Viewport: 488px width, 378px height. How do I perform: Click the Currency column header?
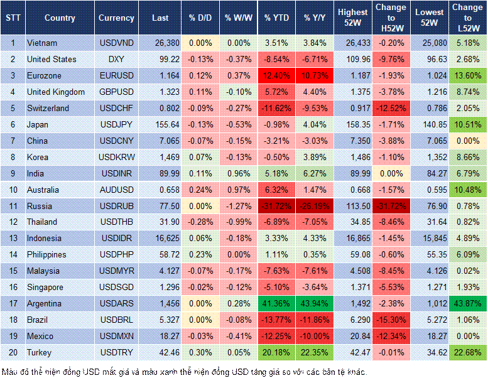point(116,18)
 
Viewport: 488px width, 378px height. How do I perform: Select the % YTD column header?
point(276,18)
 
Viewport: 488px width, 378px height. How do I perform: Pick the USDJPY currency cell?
point(116,124)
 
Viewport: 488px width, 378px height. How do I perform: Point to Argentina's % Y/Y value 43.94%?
point(315,303)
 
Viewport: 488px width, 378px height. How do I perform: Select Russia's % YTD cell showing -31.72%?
point(276,206)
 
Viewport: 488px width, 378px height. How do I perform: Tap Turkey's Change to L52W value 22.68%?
point(468,352)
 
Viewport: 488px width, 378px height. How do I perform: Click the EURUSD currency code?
point(116,75)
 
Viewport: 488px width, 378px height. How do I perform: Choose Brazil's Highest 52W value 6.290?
point(353,320)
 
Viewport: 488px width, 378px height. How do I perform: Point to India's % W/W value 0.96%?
point(237,173)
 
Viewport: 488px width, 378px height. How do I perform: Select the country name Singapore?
point(45,287)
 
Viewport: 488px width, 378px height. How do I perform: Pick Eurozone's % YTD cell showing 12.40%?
point(276,75)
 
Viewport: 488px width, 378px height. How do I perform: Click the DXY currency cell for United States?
point(116,59)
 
